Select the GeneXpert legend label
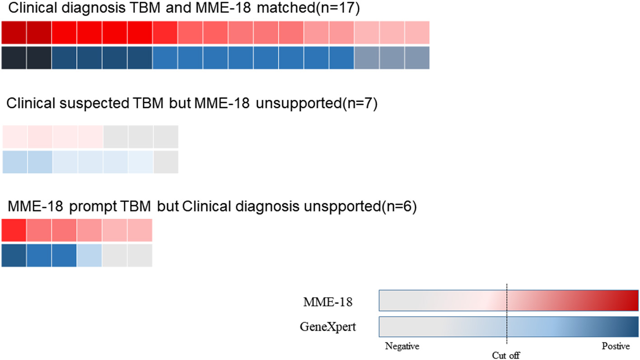click(327, 327)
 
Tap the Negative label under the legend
click(402, 346)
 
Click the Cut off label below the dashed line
click(506, 355)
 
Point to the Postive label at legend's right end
click(616, 346)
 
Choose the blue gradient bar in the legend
click(509, 327)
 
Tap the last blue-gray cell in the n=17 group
click(416, 58)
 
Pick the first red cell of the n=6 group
click(14, 230)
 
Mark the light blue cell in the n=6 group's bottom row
click(89, 256)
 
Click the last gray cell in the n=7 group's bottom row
click(166, 162)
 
